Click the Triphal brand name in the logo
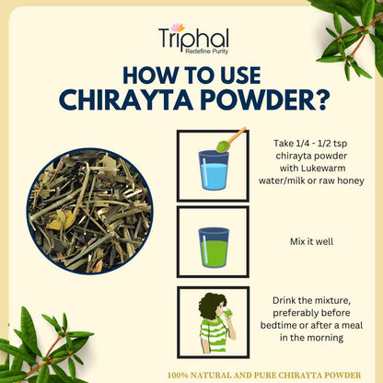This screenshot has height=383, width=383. click(x=193, y=38)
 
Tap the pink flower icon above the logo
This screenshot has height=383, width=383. click(x=178, y=28)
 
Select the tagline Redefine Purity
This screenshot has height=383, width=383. click(x=206, y=52)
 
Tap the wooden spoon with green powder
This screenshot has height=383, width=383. click(x=231, y=139)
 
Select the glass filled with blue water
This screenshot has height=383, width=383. click(x=214, y=169)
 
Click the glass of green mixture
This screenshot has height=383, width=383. click(x=214, y=247)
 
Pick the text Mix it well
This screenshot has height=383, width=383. click(x=311, y=241)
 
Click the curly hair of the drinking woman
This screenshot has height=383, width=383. click(x=212, y=307)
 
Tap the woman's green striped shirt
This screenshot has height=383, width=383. click(x=214, y=335)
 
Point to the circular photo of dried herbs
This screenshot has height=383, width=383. click(x=89, y=211)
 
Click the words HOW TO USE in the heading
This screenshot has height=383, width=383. click(x=191, y=75)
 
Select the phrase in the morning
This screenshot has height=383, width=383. click(x=311, y=338)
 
